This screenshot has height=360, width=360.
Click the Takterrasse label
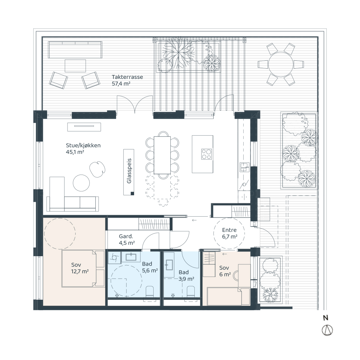point(127,77)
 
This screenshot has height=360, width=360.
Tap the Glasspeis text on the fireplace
point(129,171)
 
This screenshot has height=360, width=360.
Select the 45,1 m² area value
point(75,152)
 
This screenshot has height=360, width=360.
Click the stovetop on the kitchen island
point(206,154)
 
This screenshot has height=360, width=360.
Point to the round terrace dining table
point(280,64)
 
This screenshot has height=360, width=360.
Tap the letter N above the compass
point(325,318)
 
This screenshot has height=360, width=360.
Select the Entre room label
point(229,230)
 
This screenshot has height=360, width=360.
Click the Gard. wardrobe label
point(126,236)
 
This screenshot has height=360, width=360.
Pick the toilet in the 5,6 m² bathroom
point(149,292)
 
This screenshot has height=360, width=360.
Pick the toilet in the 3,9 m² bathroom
point(191,292)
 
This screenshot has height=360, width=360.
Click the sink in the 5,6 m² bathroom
point(131,257)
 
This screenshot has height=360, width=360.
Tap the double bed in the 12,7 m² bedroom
point(79,268)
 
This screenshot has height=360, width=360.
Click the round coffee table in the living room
point(81,183)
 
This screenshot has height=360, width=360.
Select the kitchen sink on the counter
point(244,167)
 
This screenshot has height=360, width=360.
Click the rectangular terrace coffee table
point(75,66)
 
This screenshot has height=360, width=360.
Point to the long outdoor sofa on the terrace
point(75,50)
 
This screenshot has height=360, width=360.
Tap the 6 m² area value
point(225,274)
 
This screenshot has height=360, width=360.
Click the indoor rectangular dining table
point(162,155)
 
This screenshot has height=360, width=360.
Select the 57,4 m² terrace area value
point(121,83)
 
